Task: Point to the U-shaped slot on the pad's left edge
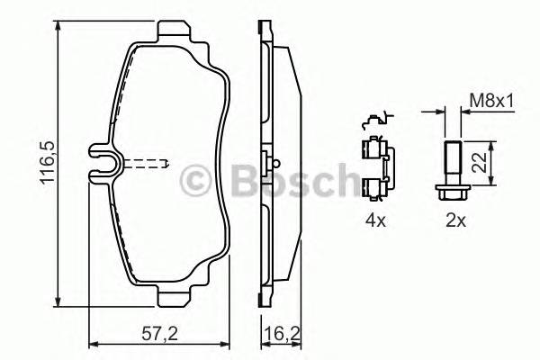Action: (107, 164)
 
